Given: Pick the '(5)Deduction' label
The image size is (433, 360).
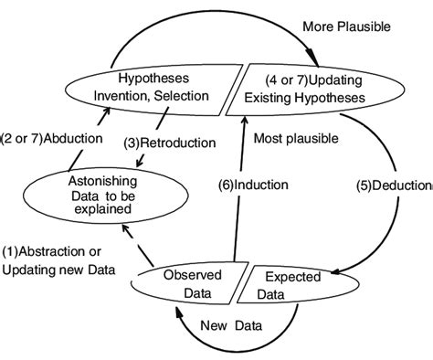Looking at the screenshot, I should [393, 185].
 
